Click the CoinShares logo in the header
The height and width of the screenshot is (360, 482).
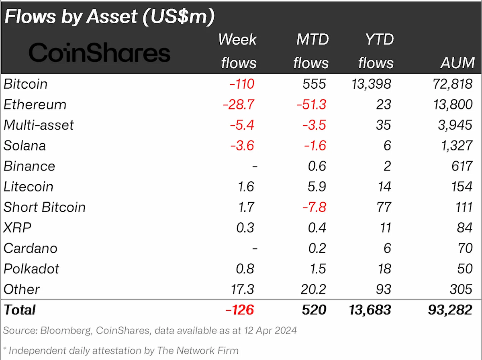click(x=100, y=52)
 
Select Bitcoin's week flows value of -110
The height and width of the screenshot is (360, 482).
click(x=242, y=84)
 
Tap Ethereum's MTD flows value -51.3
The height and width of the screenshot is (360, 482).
click(x=311, y=104)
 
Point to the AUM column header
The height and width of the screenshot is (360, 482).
click(x=457, y=63)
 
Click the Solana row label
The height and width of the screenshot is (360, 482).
click(x=25, y=145)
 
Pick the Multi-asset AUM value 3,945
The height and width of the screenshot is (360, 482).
click(x=455, y=125)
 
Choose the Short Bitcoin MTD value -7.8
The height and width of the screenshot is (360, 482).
click(x=314, y=207)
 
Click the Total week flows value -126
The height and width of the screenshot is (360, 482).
click(x=239, y=310)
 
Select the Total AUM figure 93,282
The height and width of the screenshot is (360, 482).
click(x=450, y=310)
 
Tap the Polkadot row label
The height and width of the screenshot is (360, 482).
click(x=31, y=269)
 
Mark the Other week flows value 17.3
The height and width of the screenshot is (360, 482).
click(x=243, y=289)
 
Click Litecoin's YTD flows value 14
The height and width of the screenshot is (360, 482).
click(x=384, y=187)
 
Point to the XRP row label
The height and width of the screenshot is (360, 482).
click(x=17, y=228)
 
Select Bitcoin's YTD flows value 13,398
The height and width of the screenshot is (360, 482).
click(x=371, y=84)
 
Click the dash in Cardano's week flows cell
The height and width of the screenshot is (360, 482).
click(x=255, y=248)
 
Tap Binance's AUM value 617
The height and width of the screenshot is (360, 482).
click(x=462, y=166)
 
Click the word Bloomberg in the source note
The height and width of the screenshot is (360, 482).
click(x=66, y=331)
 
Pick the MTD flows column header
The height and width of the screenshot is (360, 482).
click(x=311, y=51)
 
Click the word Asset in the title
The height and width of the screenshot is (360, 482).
click(x=112, y=16)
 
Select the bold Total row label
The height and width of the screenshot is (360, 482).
click(x=20, y=310)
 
